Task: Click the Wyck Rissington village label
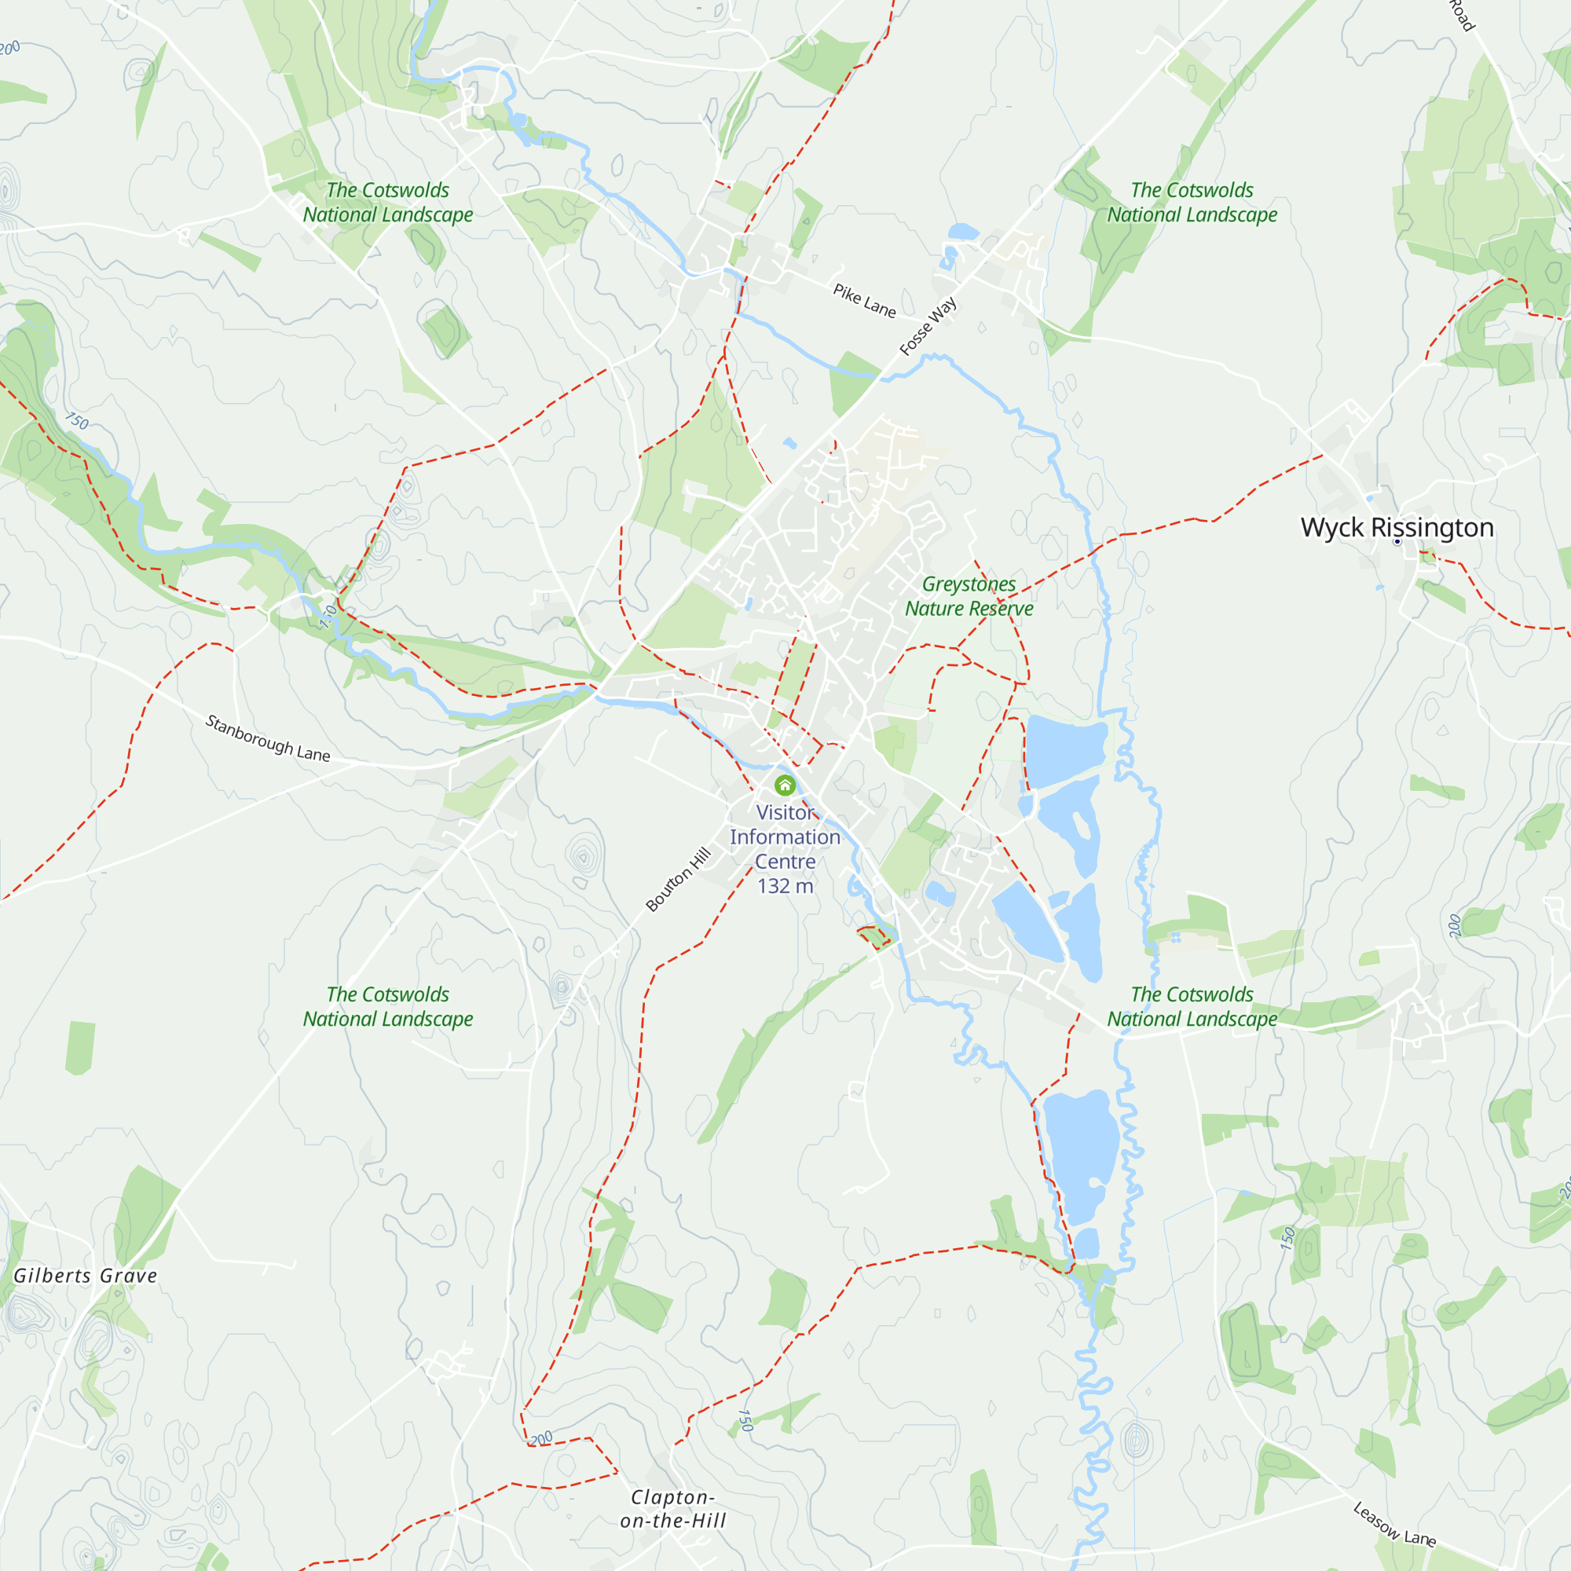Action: pyautogui.click(x=1397, y=527)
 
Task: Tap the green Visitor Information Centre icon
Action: pyautogui.click(x=785, y=785)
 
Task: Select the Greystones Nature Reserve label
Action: pyautogui.click(x=969, y=596)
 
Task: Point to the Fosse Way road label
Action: pyautogui.click(x=928, y=327)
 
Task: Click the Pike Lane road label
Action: pyautogui.click(x=863, y=301)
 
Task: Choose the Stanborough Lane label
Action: pyautogui.click(x=268, y=738)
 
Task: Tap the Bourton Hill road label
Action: pyautogui.click(x=678, y=879)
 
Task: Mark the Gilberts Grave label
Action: pyautogui.click(x=86, y=1276)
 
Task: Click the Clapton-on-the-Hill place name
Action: pyautogui.click(x=672, y=1508)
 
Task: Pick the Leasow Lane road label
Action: pyautogui.click(x=1393, y=1524)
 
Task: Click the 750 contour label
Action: pyautogui.click(x=77, y=420)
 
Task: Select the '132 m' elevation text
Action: pyautogui.click(x=785, y=886)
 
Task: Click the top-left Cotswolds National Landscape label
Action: pyautogui.click(x=388, y=203)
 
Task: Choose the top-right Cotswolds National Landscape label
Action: pyautogui.click(x=1192, y=203)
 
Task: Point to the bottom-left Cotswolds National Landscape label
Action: pyautogui.click(x=388, y=1007)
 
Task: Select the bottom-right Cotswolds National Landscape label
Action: pyautogui.click(x=1192, y=1007)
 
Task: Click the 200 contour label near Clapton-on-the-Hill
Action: pyautogui.click(x=540, y=1438)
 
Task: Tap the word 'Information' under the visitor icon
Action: pyautogui.click(x=785, y=837)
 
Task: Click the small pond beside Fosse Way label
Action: pyautogui.click(x=964, y=233)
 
